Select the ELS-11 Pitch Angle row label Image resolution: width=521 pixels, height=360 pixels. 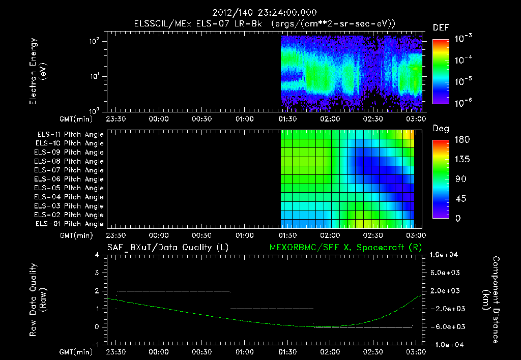[70, 134]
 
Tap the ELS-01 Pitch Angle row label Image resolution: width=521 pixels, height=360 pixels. [70, 224]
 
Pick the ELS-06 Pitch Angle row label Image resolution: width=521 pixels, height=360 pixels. [70, 179]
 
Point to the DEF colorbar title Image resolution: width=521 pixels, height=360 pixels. [441, 27]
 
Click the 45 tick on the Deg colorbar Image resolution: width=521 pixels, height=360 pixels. [459, 199]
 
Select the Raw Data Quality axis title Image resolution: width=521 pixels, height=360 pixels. [38, 299]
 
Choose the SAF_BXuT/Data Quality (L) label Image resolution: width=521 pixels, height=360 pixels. [167, 248]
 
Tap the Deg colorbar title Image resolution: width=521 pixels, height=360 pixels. [441, 129]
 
